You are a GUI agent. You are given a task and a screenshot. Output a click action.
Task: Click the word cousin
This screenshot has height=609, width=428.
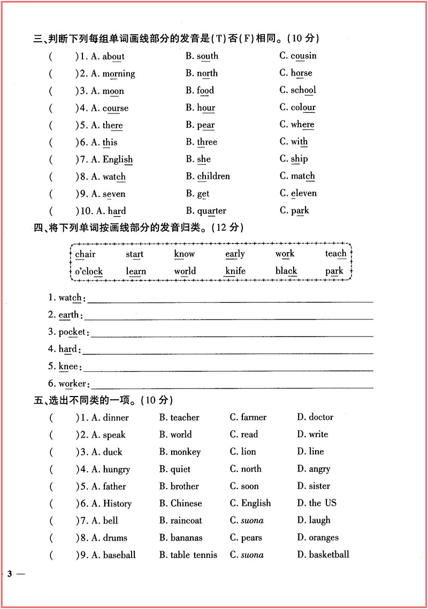click(x=303, y=56)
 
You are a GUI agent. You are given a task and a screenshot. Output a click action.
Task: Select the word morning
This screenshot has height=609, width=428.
click(x=119, y=73)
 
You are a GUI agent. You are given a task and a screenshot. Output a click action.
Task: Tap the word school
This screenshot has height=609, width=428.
click(x=303, y=90)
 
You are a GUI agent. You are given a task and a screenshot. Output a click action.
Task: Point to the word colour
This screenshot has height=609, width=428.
click(x=303, y=107)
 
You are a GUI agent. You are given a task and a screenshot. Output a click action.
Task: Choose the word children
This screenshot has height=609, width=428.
click(x=213, y=176)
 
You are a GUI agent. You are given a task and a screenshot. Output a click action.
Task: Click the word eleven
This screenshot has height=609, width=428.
click(x=304, y=193)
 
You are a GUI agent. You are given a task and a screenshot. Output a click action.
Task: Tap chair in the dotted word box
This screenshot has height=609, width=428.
click(x=85, y=254)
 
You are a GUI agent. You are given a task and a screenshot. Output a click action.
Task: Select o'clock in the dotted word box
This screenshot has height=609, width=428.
click(x=89, y=271)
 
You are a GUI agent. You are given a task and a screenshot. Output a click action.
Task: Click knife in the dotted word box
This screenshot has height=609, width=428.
click(x=235, y=271)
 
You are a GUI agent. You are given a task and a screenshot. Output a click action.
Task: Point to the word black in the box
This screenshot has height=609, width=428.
click(x=286, y=271)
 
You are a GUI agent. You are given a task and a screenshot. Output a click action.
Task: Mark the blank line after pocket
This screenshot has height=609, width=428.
click(x=231, y=336)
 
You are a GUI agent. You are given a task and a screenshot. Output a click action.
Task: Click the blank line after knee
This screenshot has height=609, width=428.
click(x=228, y=370)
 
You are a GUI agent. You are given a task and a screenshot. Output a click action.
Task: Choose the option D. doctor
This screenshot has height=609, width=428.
click(x=315, y=417)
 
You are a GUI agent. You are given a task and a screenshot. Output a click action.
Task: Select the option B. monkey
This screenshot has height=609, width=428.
click(x=180, y=452)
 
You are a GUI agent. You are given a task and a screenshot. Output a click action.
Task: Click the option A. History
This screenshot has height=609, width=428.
click(x=111, y=503)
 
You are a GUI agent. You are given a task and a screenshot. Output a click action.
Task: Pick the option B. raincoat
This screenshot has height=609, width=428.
click(x=180, y=520)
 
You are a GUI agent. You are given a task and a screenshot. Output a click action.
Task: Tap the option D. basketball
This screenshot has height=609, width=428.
click(x=323, y=554)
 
